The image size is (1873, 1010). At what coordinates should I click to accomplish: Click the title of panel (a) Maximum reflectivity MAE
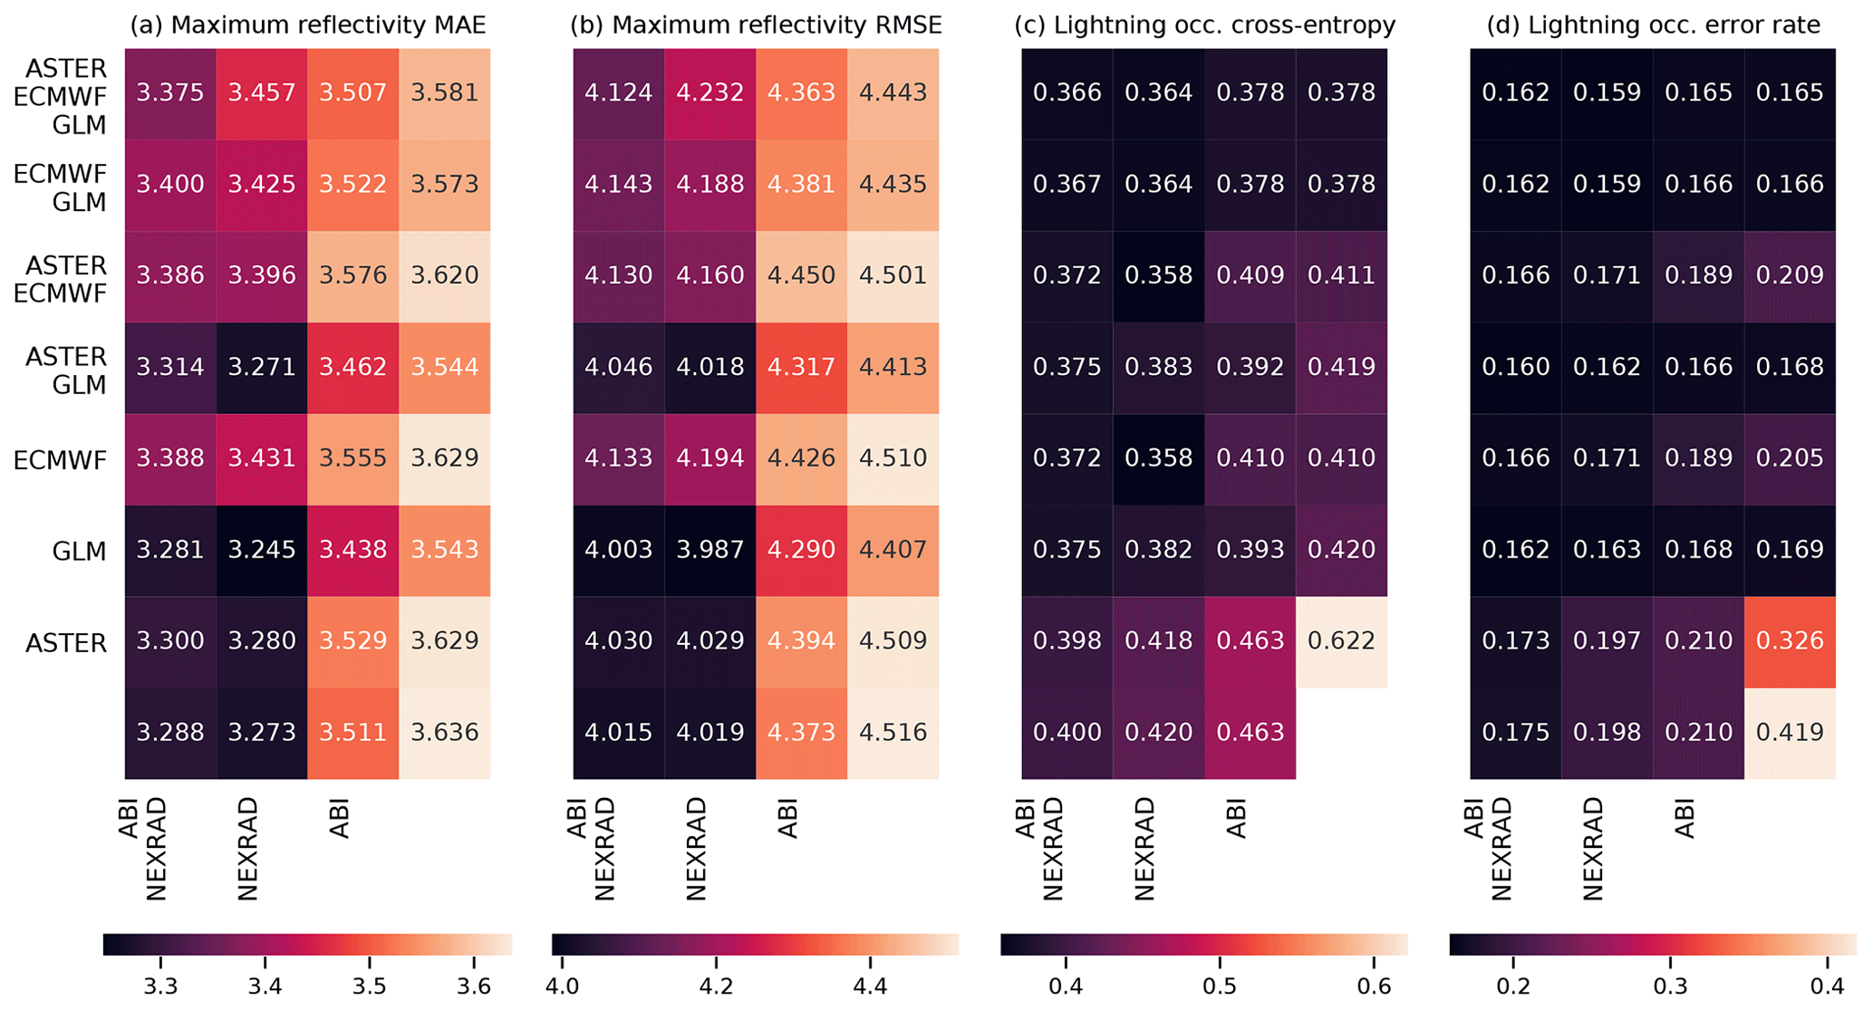(307, 24)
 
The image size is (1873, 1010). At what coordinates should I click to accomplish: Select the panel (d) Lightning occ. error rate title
(1653, 24)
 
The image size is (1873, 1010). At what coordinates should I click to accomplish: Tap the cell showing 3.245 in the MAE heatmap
(262, 550)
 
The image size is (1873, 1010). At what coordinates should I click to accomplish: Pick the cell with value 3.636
(444, 732)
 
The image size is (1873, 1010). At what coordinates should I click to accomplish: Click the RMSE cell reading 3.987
(710, 550)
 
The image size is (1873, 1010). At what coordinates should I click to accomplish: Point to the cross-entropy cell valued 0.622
(1341, 641)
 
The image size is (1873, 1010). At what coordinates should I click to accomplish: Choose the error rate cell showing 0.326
(1790, 641)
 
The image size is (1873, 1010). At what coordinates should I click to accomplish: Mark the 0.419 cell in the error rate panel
(1790, 732)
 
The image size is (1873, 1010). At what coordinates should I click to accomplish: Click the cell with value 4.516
(893, 732)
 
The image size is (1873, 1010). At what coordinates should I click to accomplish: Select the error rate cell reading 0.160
(1516, 367)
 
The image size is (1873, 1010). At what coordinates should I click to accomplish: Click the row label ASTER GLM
(66, 370)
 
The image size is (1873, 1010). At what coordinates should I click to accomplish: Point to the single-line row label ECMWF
(61, 460)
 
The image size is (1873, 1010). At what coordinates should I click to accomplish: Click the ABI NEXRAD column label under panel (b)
(591, 848)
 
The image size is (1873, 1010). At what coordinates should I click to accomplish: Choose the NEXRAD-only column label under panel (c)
(1144, 848)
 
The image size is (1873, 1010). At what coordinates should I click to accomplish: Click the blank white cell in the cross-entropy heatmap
(1341, 733)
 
